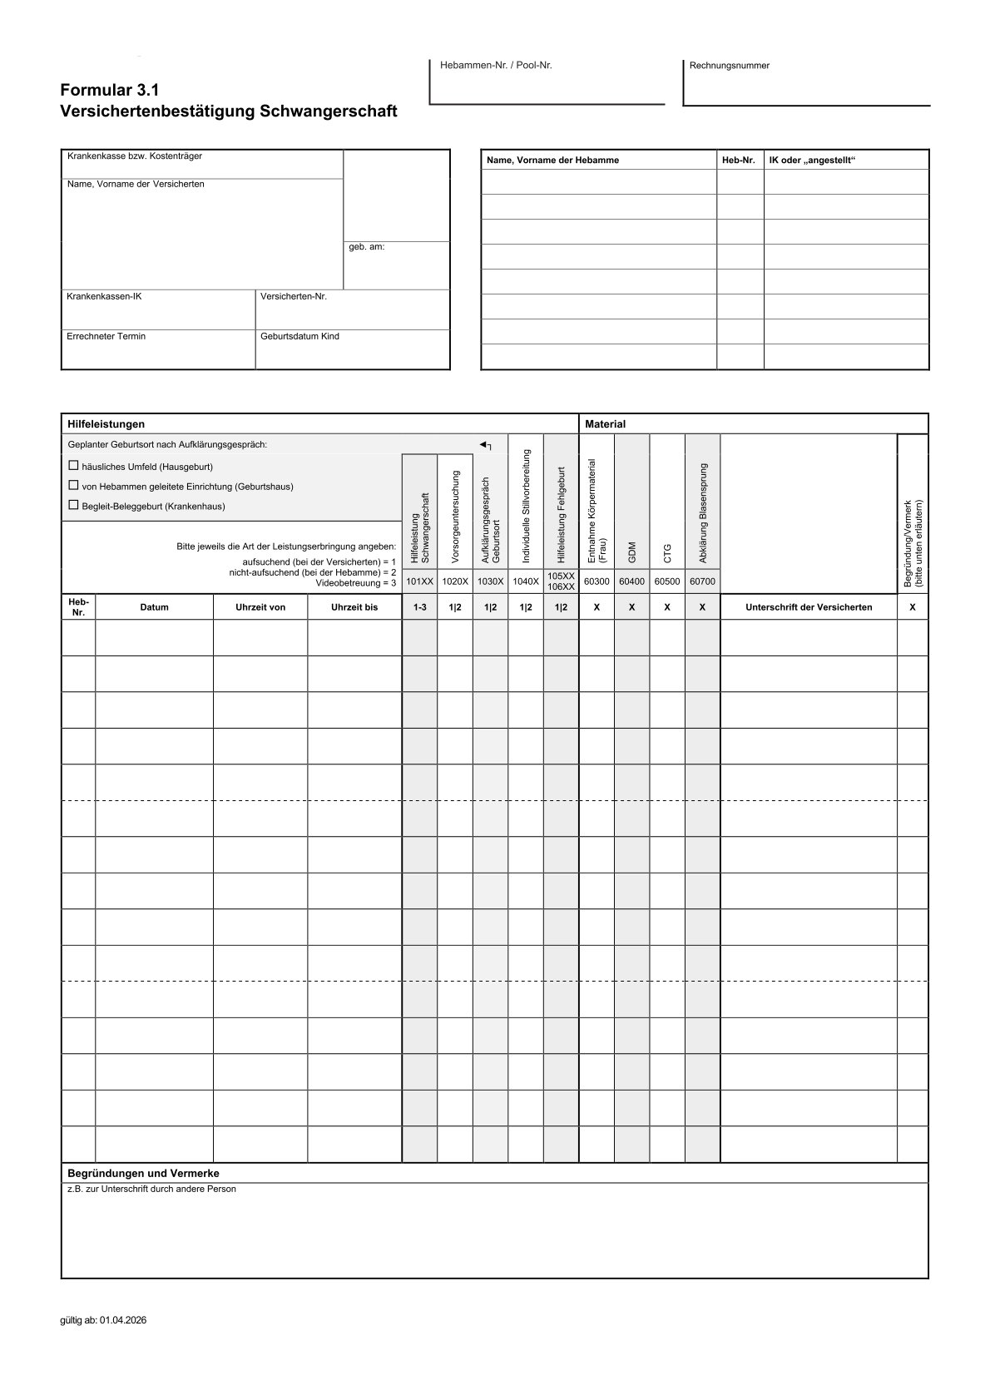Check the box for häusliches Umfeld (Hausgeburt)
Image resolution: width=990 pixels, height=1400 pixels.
[x=73, y=466]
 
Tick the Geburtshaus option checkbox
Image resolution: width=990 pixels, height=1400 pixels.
[x=73, y=485]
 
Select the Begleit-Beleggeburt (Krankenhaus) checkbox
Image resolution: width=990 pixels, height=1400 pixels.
[x=73, y=505]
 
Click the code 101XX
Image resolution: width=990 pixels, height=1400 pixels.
[x=419, y=581]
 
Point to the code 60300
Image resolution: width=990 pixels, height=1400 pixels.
[x=596, y=581]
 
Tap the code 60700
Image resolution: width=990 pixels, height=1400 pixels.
[x=702, y=581]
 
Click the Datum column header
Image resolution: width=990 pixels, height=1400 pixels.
[x=154, y=607]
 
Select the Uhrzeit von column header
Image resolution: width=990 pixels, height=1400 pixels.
[x=260, y=607]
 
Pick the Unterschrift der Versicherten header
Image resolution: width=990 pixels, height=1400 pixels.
[x=808, y=607]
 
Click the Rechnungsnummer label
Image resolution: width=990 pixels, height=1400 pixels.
[x=730, y=66]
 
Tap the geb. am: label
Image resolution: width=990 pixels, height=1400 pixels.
[x=367, y=247]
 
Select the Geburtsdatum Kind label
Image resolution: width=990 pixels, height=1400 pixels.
[x=299, y=336]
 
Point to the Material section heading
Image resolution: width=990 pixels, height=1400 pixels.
[x=605, y=424]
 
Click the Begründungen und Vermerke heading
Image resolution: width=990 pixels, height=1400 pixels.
[x=143, y=1173]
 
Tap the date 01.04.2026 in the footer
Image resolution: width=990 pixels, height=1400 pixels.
[x=123, y=1320]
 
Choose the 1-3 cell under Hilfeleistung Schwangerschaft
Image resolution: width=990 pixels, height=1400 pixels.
[x=419, y=607]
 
